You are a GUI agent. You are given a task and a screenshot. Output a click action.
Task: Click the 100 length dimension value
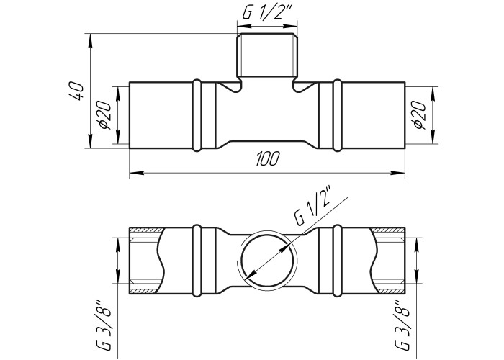pos(267,159)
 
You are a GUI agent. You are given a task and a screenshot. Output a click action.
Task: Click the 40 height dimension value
pos(76,91)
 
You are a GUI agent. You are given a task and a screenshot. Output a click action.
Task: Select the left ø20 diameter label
pos(105,114)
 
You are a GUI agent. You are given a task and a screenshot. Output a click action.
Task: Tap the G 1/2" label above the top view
pos(266,13)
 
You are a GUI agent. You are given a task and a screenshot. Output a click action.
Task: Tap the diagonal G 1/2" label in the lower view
pos(312,206)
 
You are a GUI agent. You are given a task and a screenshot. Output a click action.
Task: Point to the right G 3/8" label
pos(402,325)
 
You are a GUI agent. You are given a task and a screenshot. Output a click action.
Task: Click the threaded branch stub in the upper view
pos(267,55)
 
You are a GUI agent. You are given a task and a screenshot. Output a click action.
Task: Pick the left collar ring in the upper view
pos(197,115)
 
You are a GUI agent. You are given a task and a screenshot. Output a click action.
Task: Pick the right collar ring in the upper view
pos(337,115)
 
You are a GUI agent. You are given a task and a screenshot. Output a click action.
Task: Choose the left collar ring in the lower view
pos(197,260)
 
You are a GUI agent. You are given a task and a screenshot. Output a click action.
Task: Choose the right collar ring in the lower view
pos(337,260)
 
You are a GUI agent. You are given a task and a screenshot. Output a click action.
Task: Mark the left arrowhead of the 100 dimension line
pos(136,174)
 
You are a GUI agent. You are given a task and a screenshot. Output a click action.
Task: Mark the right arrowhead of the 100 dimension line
pos(398,174)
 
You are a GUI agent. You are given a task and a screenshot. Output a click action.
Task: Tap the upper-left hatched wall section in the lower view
pos(147,230)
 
